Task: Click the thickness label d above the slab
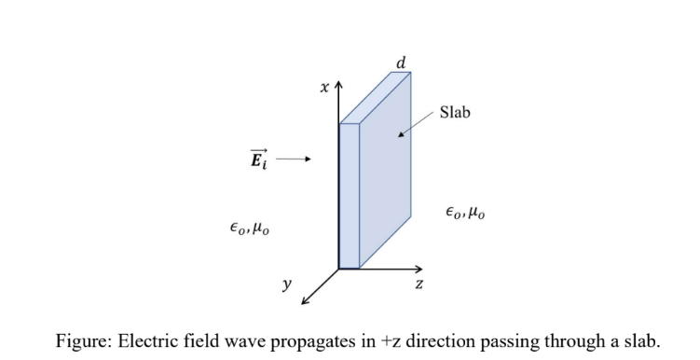[401, 63]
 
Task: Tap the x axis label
[324, 89]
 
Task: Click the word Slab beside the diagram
[456, 112]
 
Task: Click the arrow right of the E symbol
[295, 159]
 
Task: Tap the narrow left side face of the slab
[349, 196]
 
